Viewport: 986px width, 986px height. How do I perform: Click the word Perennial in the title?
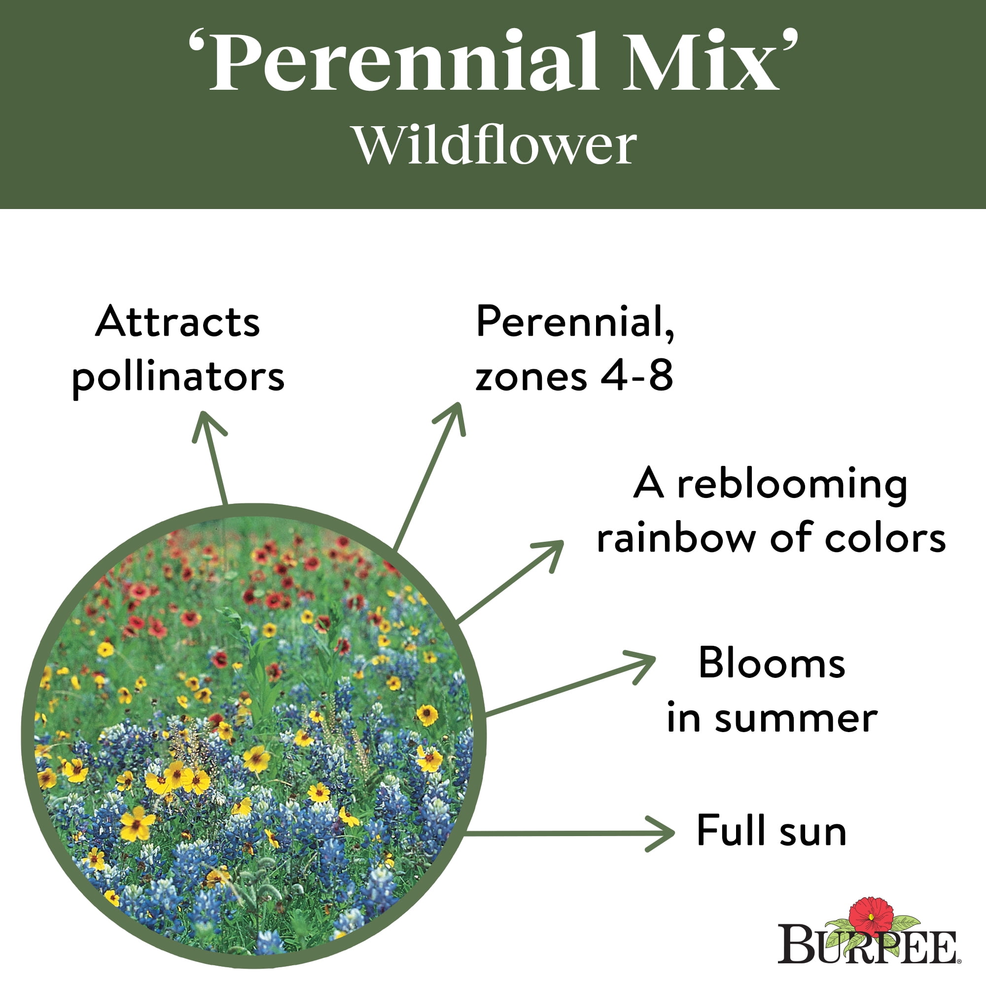click(403, 61)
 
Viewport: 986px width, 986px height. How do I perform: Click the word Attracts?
click(177, 322)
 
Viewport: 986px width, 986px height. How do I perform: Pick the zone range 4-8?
click(636, 376)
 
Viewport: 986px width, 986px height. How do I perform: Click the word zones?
click(531, 378)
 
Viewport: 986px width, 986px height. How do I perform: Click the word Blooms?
click(772, 664)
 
